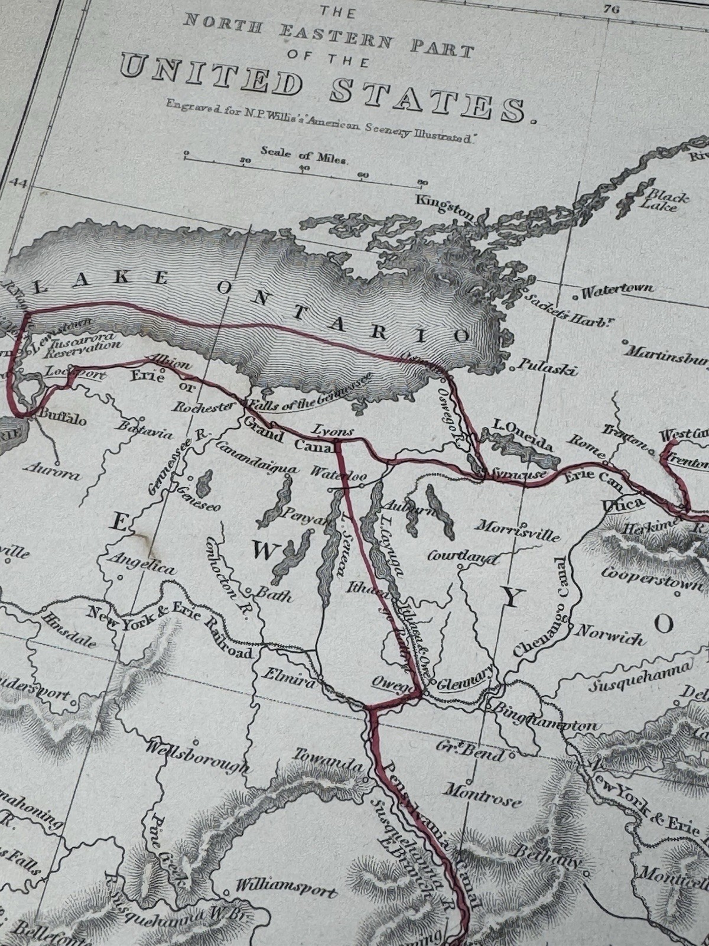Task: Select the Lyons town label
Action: tap(333, 431)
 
